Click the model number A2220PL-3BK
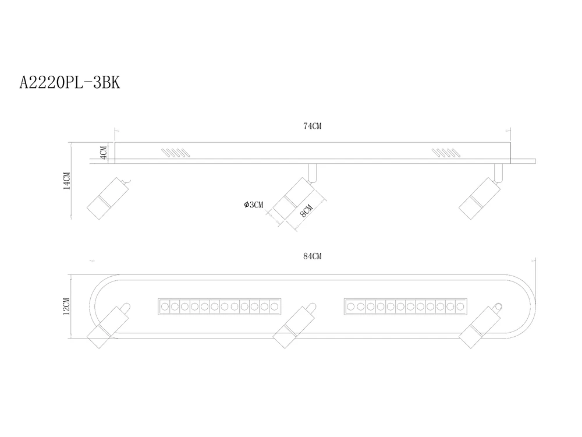click(x=70, y=83)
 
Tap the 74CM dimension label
click(x=312, y=126)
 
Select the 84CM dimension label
click(x=312, y=256)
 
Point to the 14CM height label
click(x=67, y=181)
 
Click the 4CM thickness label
click(x=104, y=152)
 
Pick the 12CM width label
click(x=67, y=306)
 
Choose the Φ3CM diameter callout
click(x=254, y=205)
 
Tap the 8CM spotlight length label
click(x=306, y=211)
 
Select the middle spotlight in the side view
click(x=294, y=198)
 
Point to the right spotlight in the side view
click(x=480, y=198)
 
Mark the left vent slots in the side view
click(x=176, y=153)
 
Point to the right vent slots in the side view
click(x=445, y=153)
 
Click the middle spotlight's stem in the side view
click(x=313, y=174)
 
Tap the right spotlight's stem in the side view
click(x=499, y=174)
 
